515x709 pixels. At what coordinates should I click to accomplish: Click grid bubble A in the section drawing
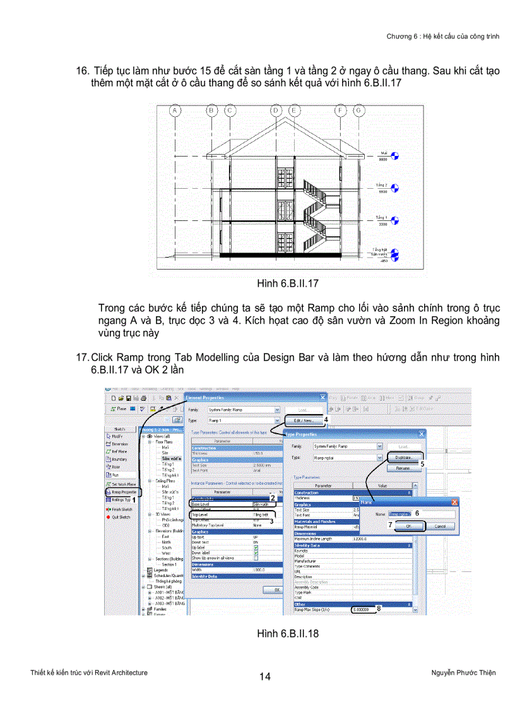[x=175, y=111]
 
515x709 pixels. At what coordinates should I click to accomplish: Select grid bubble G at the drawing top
[x=358, y=111]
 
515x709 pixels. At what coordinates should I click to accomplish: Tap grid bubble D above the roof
[x=276, y=111]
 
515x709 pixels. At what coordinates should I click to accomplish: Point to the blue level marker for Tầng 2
[x=396, y=188]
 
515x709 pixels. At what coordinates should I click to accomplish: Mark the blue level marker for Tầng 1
[x=396, y=220]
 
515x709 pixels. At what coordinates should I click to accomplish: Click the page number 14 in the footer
[x=265, y=677]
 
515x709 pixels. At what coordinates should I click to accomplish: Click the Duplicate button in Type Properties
[x=404, y=457]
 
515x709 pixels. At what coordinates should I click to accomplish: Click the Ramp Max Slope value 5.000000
[x=363, y=609]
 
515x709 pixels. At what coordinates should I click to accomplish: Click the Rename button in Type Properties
[x=404, y=468]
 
